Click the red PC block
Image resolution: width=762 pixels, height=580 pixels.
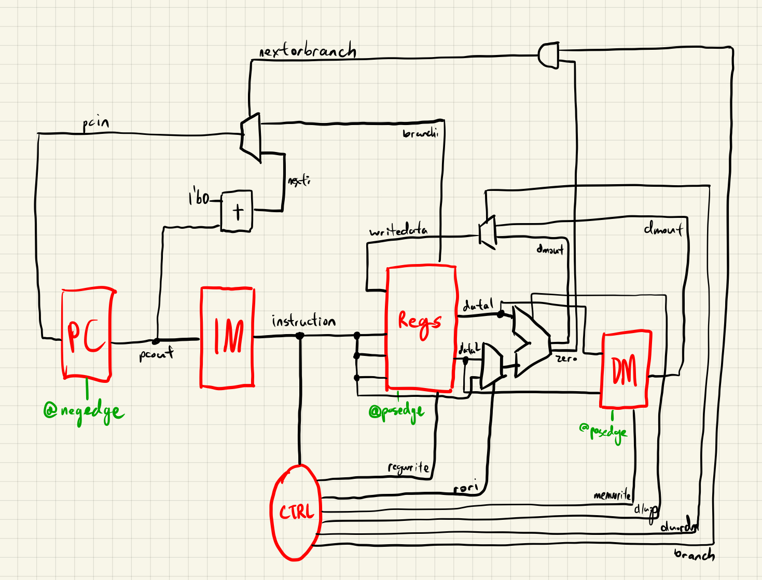point(87,335)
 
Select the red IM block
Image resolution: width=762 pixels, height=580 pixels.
point(227,337)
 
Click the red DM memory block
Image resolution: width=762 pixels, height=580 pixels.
point(625,369)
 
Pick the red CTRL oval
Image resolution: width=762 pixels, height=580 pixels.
point(296,513)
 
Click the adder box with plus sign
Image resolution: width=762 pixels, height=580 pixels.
point(237,211)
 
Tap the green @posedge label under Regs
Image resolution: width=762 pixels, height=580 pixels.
point(396,412)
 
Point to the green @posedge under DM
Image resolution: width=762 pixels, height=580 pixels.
point(603,432)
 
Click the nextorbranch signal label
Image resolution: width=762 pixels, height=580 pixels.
point(307,51)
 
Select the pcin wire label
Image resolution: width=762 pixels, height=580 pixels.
point(96,123)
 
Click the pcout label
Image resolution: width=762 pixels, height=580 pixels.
point(156,355)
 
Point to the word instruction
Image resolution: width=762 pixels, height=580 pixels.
point(303,322)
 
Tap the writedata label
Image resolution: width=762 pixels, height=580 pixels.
point(398,231)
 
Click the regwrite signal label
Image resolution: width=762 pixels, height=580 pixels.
point(409,468)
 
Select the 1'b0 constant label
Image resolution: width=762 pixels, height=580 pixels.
point(199,198)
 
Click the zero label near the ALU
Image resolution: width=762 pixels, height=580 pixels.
point(566,358)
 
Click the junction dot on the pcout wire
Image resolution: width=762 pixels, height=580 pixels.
point(155,341)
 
